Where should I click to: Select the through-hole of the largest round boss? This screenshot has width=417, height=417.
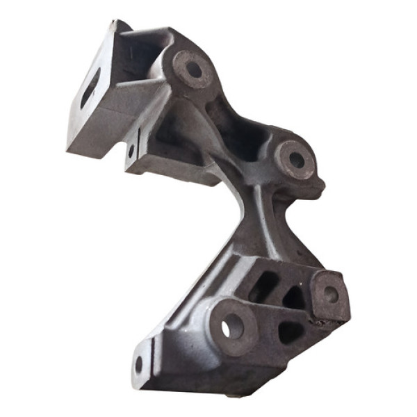tap(233, 325)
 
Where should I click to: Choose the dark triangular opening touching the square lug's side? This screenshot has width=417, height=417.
tap(293, 297)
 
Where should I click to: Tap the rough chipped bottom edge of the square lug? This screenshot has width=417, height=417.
tap(330, 320)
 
